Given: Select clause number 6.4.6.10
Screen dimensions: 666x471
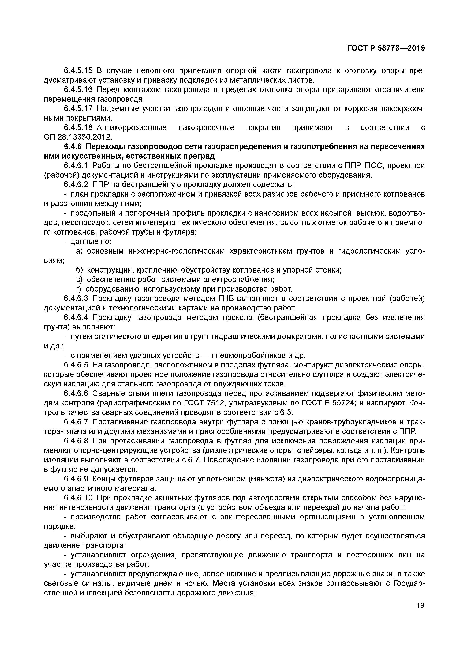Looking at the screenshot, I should point(78,498).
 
